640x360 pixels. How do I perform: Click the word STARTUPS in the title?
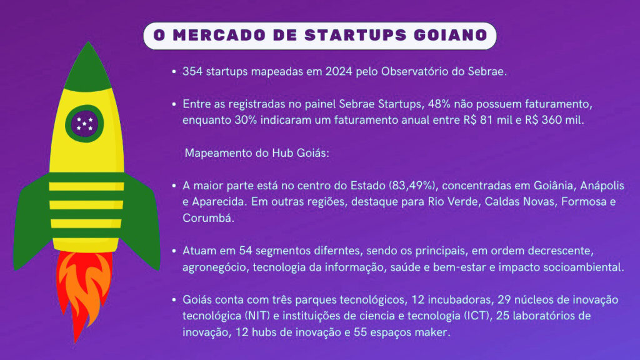[356, 35]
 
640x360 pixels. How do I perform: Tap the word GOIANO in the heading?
[451, 35]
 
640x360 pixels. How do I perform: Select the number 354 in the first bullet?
[192, 71]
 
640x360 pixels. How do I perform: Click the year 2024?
[338, 71]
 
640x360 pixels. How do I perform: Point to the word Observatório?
[415, 71]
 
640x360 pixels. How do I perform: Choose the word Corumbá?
[208, 218]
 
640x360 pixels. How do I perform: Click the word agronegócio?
[215, 267]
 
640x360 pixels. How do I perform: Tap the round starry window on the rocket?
[84, 123]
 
